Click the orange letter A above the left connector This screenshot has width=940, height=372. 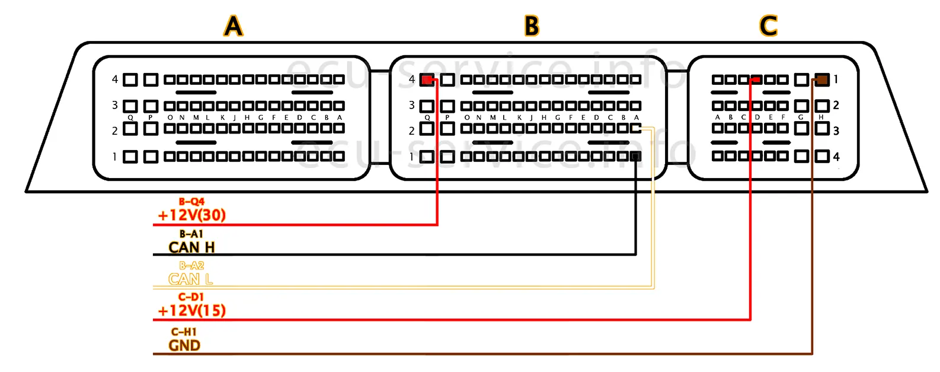[x=234, y=26]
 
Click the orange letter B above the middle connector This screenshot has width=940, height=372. [x=532, y=26]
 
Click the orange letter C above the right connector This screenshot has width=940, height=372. [x=768, y=26]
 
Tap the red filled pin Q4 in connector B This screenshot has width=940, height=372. [x=427, y=80]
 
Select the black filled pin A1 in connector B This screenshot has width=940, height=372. [x=635, y=157]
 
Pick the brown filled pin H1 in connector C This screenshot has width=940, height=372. [x=821, y=80]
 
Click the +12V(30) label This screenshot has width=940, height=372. [x=192, y=215]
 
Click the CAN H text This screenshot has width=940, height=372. [x=191, y=247]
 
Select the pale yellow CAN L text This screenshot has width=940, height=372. [x=191, y=279]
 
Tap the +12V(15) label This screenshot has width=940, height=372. [x=192, y=310]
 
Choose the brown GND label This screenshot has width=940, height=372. [x=184, y=345]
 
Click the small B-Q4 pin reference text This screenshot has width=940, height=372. [x=191, y=202]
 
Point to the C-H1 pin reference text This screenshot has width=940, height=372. [x=184, y=332]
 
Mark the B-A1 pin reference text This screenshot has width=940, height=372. [x=191, y=234]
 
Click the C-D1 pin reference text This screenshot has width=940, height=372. [x=191, y=297]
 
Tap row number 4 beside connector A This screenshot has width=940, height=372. [x=115, y=79]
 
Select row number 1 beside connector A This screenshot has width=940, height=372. [x=115, y=157]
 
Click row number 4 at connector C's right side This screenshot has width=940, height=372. [x=836, y=157]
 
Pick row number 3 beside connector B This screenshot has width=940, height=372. [x=412, y=105]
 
